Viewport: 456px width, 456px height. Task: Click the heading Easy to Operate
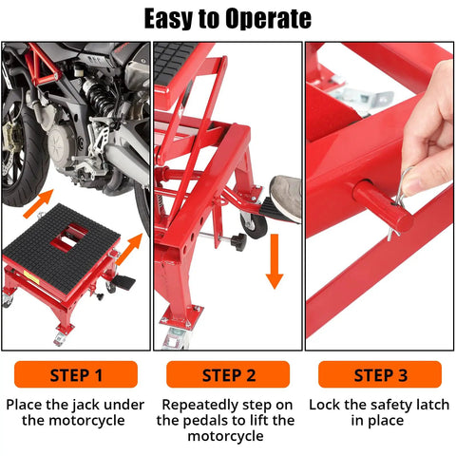point(227,18)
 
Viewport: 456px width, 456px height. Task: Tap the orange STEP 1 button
point(76,374)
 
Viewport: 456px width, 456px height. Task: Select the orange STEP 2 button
point(228,374)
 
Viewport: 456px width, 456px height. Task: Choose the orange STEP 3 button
point(379,374)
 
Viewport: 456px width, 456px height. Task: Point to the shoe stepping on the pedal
point(286,195)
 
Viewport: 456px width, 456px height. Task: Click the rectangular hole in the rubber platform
point(66,242)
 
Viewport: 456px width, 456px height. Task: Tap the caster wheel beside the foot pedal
point(253,224)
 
